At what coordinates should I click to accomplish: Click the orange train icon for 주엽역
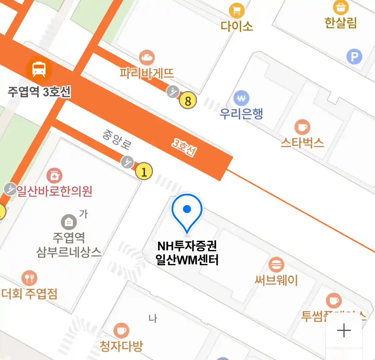39,69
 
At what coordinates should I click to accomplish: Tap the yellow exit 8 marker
188,101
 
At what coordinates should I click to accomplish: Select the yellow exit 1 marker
144,172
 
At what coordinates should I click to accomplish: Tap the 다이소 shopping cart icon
237,11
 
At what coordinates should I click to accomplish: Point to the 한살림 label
341,23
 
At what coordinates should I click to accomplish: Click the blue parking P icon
354,57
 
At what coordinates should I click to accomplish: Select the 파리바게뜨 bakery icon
147,58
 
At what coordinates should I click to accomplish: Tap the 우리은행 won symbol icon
242,98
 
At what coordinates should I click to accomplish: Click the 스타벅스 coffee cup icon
302,127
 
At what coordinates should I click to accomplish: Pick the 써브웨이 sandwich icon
276,265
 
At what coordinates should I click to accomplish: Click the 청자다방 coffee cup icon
121,331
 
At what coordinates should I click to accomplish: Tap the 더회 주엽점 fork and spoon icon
29,278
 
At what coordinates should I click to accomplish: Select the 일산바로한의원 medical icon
54,175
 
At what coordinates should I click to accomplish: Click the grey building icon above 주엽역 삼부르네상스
69,222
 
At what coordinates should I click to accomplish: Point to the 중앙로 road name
116,140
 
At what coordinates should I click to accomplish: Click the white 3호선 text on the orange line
184,147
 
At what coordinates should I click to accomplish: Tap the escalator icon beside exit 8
173,91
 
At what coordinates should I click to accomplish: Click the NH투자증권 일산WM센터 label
187,253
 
